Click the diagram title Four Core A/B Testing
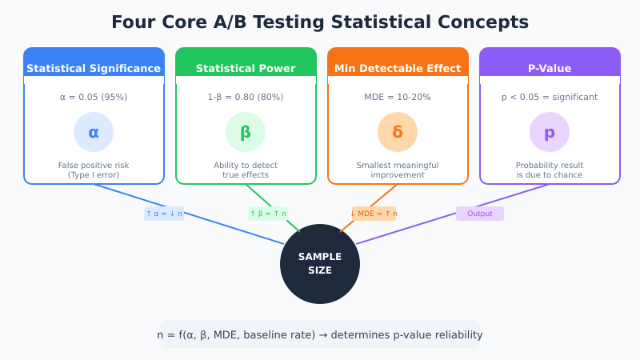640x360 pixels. point(320,22)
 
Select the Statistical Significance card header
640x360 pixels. point(94,68)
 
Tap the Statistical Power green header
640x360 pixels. point(246,68)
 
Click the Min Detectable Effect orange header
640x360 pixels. point(398,68)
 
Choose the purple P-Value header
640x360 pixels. point(550,68)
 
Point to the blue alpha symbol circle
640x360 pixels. point(94,132)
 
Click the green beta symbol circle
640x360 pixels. point(246,132)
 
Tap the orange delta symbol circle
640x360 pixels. point(398,132)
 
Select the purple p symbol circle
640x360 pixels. point(550,132)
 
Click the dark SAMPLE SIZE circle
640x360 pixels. point(320,264)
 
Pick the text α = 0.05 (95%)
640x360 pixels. point(94,97)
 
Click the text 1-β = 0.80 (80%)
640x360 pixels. point(246,97)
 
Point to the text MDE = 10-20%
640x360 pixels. point(398,97)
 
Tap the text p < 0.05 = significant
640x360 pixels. point(550,97)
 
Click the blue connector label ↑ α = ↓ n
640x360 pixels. point(164,214)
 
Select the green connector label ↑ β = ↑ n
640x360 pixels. point(268,214)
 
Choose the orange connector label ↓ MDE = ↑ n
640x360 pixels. point(374,214)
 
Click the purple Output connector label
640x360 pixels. point(480,214)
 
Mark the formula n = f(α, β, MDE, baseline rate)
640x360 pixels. point(320,334)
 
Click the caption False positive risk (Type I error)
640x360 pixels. point(94,170)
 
